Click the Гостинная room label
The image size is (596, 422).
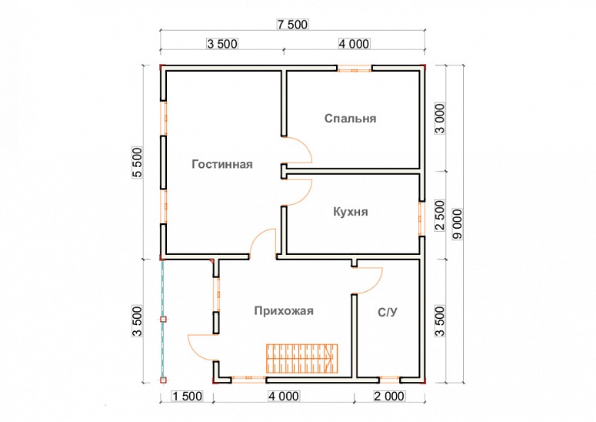222,164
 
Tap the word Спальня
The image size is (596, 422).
350,119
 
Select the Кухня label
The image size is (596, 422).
350,212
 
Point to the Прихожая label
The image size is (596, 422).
284,310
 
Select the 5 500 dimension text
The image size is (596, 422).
138,162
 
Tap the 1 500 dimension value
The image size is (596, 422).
185,397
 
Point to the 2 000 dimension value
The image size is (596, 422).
389,397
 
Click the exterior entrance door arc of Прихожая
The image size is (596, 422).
201,348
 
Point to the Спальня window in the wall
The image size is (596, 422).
355,69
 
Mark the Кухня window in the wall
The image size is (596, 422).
421,217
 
